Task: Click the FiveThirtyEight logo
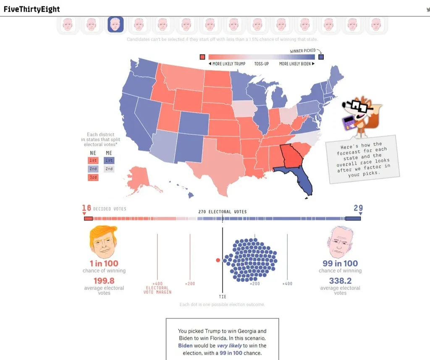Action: pyautogui.click(x=31, y=9)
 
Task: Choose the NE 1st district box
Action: pyautogui.click(x=93, y=160)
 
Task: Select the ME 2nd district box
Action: pyautogui.click(x=109, y=169)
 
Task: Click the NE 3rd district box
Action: pyautogui.click(x=93, y=177)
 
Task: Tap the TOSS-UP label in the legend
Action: pyautogui.click(x=261, y=64)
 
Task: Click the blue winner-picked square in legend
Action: pyautogui.click(x=321, y=57)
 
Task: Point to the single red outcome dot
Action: pyautogui.click(x=218, y=260)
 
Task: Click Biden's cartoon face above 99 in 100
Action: pyautogui.click(x=340, y=243)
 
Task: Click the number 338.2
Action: pyautogui.click(x=340, y=281)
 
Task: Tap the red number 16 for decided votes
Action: pyautogui.click(x=87, y=208)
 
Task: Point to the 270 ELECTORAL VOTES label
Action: pyautogui.click(x=222, y=212)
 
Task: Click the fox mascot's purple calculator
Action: pyautogui.click(x=349, y=123)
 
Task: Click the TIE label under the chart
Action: pyautogui.click(x=223, y=297)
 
